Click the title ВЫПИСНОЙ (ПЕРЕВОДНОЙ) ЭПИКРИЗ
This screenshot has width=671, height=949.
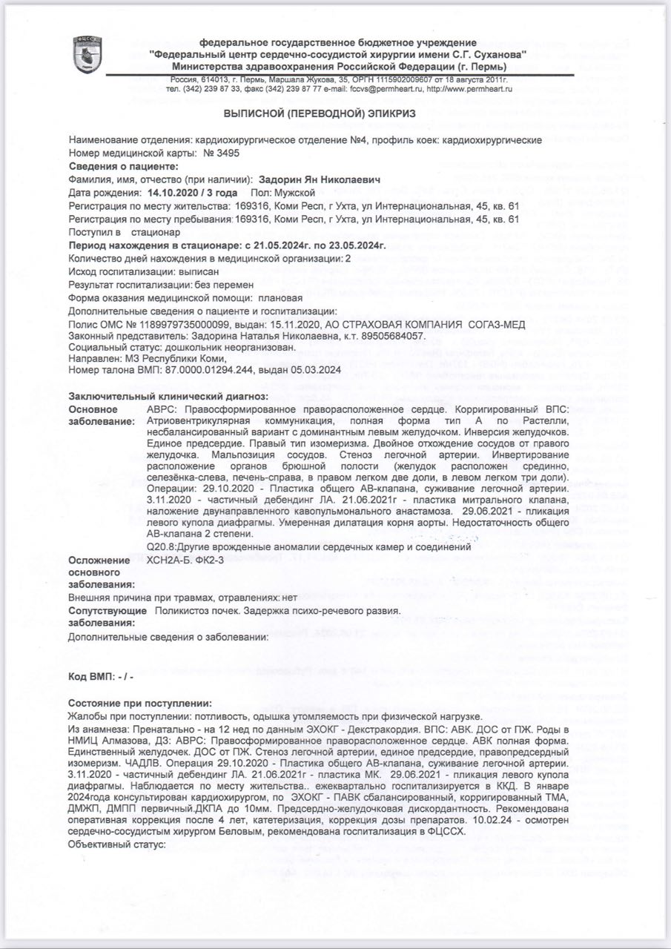320,113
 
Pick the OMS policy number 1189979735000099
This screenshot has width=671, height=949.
171,324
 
